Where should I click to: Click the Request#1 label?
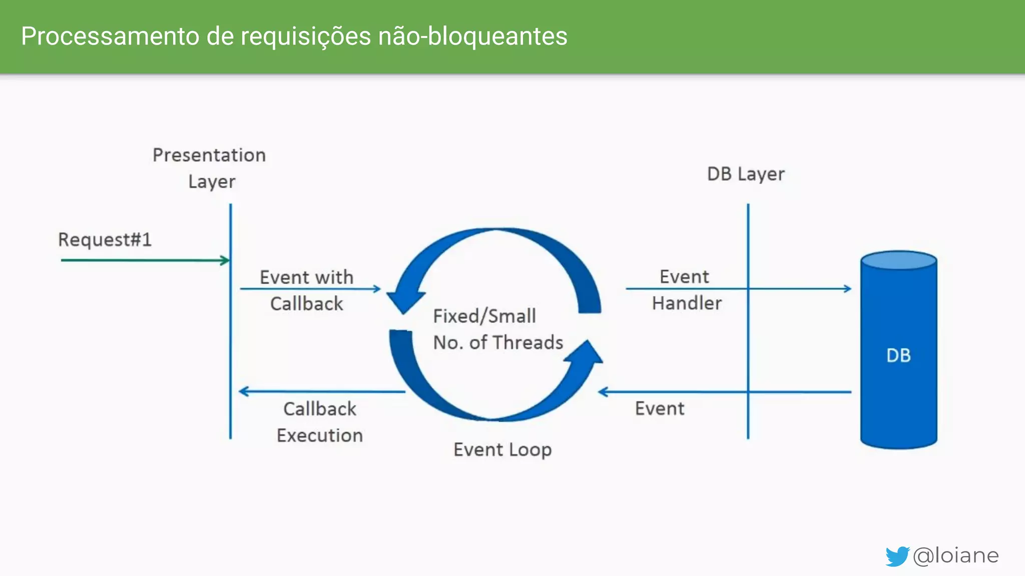(105, 240)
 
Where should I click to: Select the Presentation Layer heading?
(210, 168)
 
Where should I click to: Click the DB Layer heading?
(746, 174)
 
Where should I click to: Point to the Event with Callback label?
(306, 290)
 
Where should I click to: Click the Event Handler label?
(686, 290)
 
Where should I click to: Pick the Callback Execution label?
(320, 422)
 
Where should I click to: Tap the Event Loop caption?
(502, 449)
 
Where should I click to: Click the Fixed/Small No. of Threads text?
(497, 329)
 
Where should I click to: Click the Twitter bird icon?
(897, 556)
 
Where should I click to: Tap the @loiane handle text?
(955, 555)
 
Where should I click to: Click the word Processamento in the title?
(110, 36)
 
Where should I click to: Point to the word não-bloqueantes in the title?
(472, 36)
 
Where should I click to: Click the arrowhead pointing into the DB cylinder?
(847, 288)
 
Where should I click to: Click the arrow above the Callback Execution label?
(320, 391)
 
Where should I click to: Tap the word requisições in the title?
(306, 36)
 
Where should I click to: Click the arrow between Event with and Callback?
(310, 289)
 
